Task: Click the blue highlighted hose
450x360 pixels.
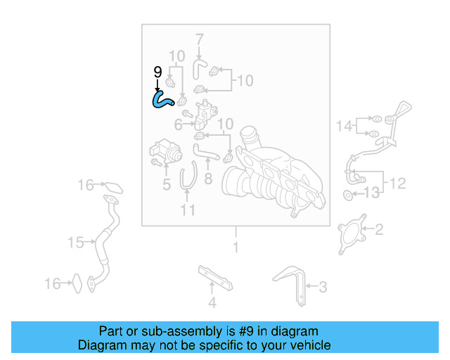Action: tap(165, 100)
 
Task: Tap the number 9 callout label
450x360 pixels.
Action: tap(157, 72)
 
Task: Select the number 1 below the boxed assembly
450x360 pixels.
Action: tap(236, 247)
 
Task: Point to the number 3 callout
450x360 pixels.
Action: tap(323, 286)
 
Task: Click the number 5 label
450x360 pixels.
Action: tap(166, 186)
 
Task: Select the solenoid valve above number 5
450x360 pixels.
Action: tap(164, 152)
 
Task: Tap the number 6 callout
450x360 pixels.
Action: tap(178, 124)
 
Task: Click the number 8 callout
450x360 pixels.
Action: tap(208, 179)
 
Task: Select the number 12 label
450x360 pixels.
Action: tap(398, 184)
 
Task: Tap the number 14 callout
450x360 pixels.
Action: tap(344, 127)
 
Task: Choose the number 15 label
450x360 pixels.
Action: tap(76, 243)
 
